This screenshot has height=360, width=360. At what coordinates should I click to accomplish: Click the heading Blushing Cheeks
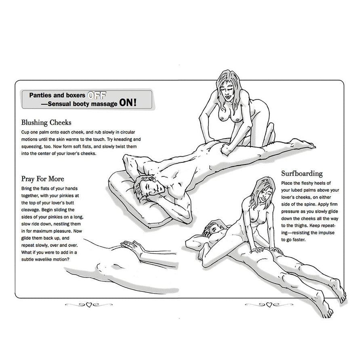pyautogui.click(x=47, y=122)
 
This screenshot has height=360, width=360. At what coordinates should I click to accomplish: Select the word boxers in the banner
pyautogui.click(x=75, y=96)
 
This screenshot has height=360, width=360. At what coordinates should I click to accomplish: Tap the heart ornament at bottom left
pyautogui.click(x=88, y=305)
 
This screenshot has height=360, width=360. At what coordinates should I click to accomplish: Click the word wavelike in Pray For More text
pyautogui.click(x=52, y=259)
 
